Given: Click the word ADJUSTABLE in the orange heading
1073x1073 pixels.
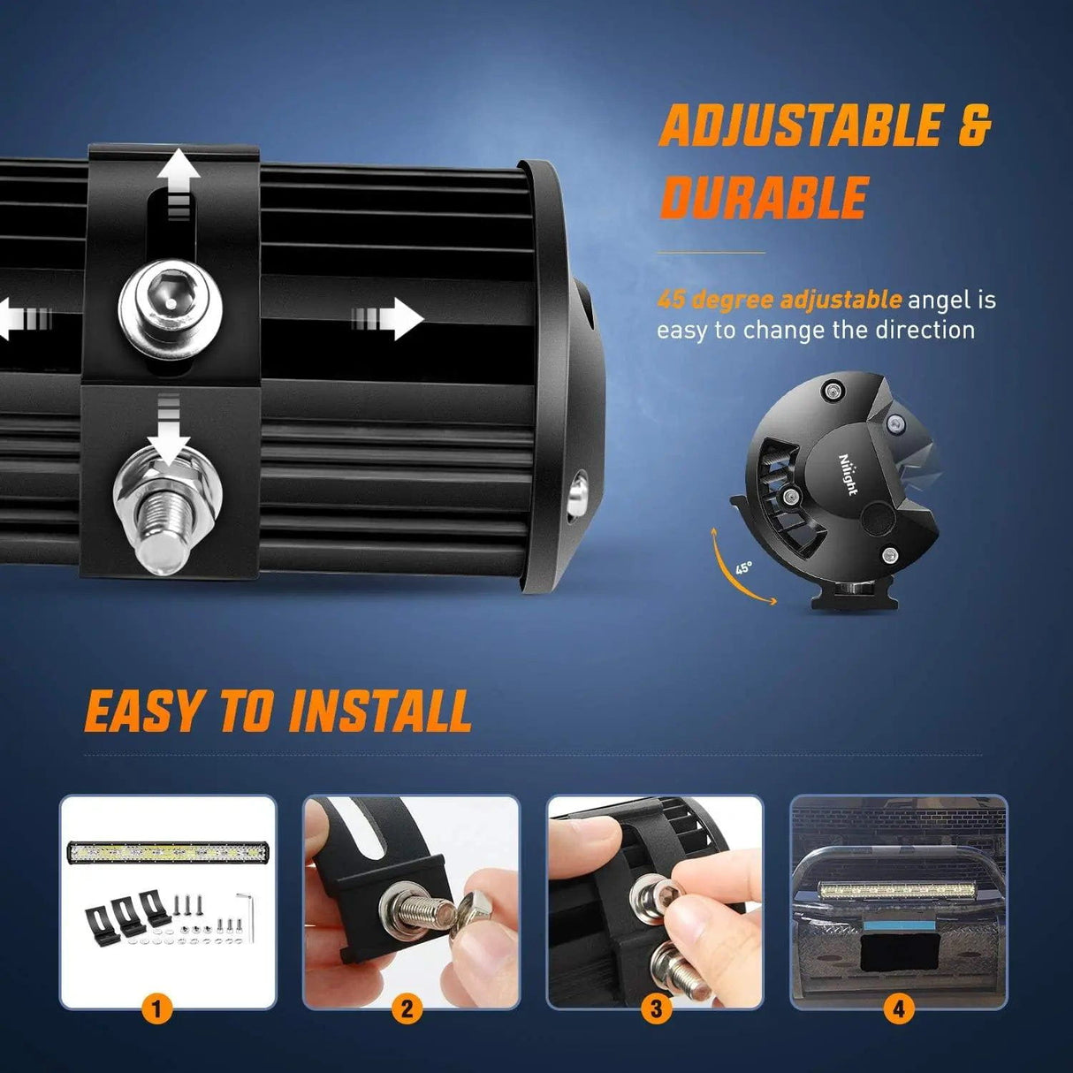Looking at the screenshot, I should [800, 126].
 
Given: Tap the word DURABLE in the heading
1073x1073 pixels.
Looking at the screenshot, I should [764, 197].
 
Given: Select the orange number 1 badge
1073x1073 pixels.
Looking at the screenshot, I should [157, 1008].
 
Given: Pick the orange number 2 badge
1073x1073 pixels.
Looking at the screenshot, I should [407, 1008].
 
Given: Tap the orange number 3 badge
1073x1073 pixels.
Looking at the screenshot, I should [656, 1008].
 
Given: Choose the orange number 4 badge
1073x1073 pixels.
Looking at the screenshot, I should [899, 1008].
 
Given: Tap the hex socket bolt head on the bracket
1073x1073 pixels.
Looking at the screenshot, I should [171, 303].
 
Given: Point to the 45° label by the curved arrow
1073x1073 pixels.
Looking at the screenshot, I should [743, 567].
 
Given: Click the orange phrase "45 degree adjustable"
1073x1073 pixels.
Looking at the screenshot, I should [779, 300].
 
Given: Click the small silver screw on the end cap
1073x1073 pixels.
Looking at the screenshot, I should [580, 491].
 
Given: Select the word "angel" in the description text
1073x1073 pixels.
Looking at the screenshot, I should [940, 301].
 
